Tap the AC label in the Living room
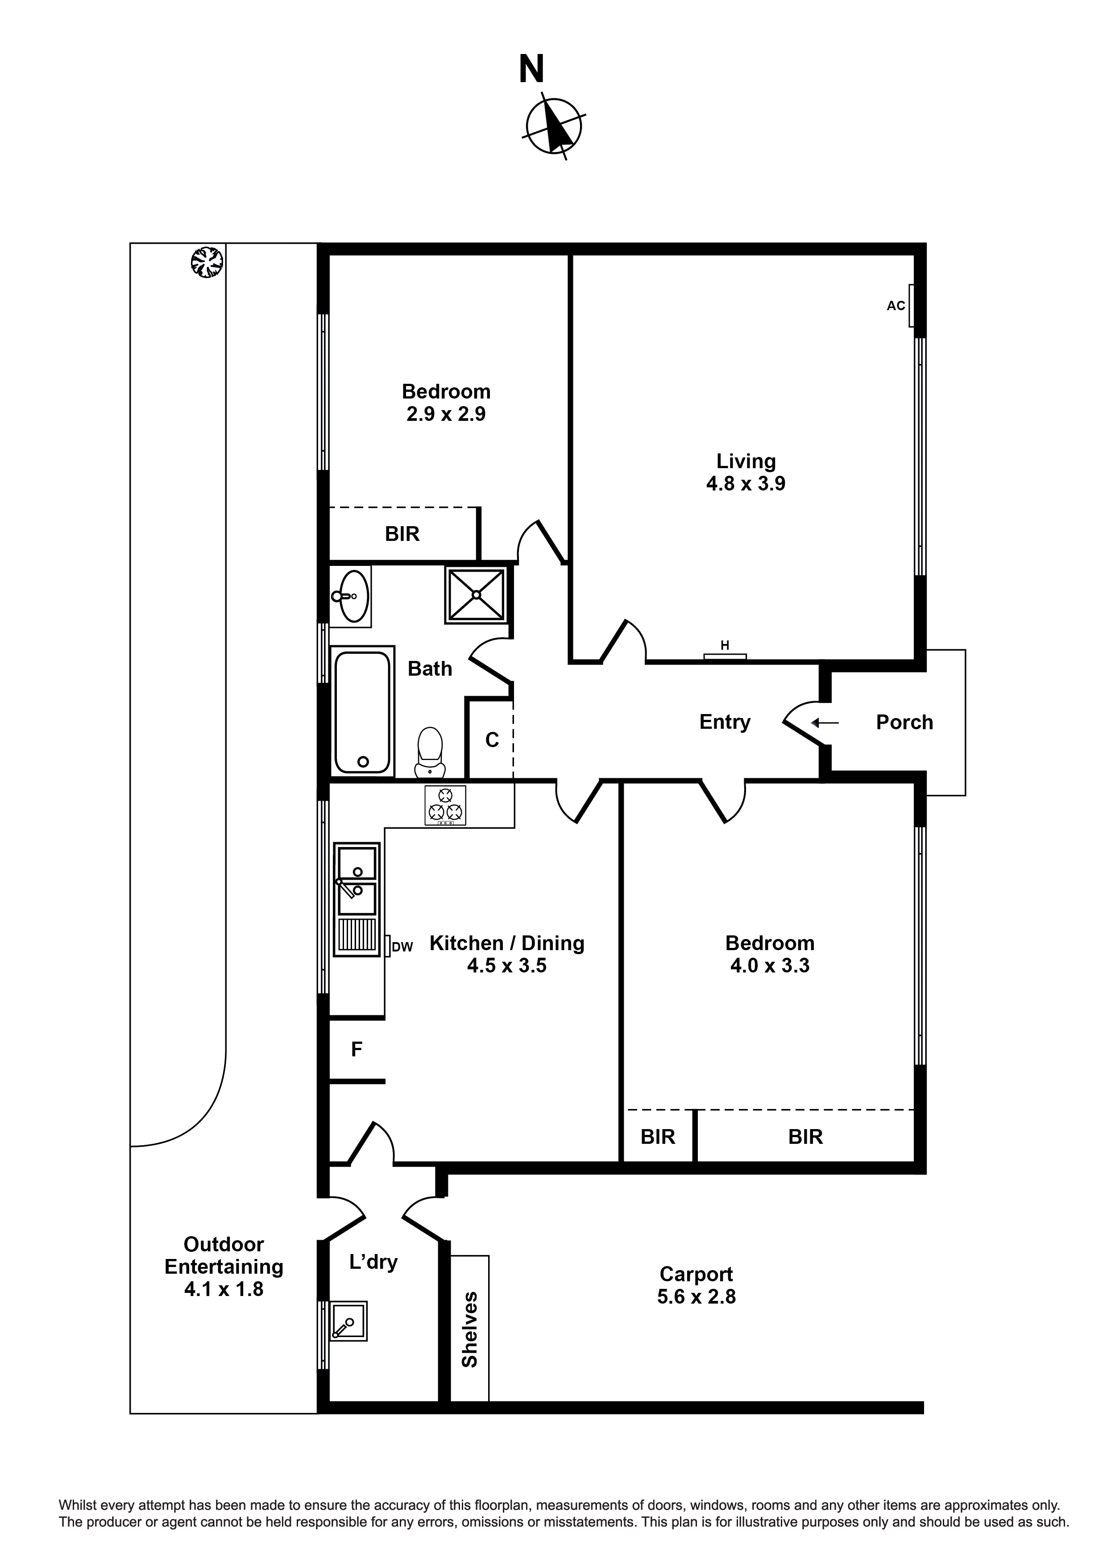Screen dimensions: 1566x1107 pyautogui.click(x=896, y=306)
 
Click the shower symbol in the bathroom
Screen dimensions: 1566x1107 pyautogui.click(x=476, y=595)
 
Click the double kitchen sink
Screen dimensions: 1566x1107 pyautogui.click(x=357, y=882)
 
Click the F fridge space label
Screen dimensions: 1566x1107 pyautogui.click(x=356, y=1050)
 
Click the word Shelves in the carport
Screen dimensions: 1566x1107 pyautogui.click(x=469, y=1330)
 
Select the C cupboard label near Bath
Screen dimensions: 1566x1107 pyautogui.click(x=492, y=739)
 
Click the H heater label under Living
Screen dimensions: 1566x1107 pyautogui.click(x=725, y=645)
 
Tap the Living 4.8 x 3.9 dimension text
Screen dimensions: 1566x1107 pyautogui.click(x=746, y=484)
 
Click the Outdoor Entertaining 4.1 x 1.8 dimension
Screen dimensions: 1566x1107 pyautogui.click(x=224, y=1289)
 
